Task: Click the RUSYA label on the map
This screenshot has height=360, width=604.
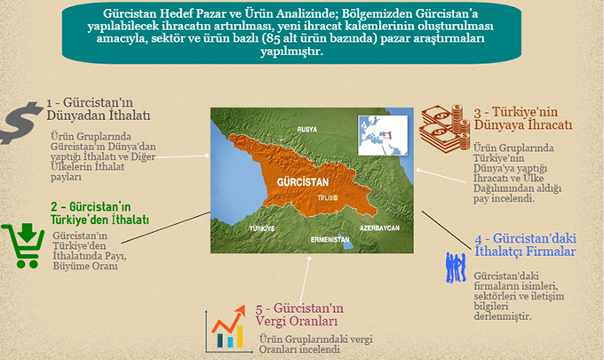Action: [307, 130]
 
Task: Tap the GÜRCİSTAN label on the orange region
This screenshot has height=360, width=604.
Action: [303, 182]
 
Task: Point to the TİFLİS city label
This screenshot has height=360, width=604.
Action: [325, 198]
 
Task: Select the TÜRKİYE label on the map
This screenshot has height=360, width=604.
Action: [262, 228]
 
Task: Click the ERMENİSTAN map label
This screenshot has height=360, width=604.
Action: [330, 240]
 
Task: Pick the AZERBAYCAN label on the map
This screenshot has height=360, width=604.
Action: [379, 228]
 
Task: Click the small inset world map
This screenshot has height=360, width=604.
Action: [383, 135]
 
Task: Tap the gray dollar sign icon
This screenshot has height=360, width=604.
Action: [20, 123]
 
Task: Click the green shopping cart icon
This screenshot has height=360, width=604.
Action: [24, 245]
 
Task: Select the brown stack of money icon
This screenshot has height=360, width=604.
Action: [444, 128]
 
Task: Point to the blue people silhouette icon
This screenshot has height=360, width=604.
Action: [456, 268]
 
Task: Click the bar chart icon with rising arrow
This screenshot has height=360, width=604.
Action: [226, 330]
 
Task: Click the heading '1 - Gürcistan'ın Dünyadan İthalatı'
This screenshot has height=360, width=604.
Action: [99, 108]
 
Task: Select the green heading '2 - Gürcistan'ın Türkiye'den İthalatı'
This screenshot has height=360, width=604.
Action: [99, 213]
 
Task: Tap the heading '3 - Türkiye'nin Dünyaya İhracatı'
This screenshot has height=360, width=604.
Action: [523, 118]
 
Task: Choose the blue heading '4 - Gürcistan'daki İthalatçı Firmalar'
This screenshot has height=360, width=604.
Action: [526, 244]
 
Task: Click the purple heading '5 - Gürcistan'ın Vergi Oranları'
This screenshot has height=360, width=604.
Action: [299, 315]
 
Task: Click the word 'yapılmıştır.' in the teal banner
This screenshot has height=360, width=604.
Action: [291, 51]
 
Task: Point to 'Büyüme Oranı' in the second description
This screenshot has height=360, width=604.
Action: [85, 266]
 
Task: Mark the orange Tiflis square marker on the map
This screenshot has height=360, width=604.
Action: [335, 198]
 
